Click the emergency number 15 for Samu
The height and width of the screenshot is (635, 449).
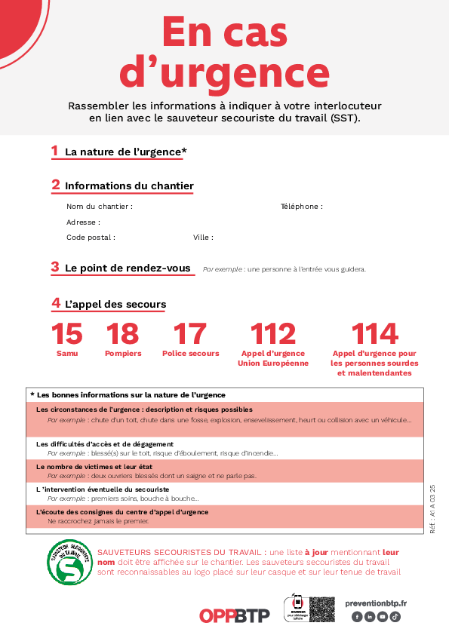[x=67, y=333]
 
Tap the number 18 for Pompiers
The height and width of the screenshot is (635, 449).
[x=122, y=333]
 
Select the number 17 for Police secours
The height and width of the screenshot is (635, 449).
[x=190, y=333]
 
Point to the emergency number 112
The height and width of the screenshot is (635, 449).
[x=272, y=333]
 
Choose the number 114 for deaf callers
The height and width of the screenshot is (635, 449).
[x=375, y=333]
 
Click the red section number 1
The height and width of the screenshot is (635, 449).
[x=54, y=151]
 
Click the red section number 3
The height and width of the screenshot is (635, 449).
[x=55, y=267]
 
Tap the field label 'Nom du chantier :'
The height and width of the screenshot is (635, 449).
[x=100, y=207]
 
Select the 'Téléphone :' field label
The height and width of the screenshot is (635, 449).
[x=302, y=207]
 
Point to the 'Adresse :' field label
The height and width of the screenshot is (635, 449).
[x=83, y=222]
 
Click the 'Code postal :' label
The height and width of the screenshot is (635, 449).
[x=91, y=238]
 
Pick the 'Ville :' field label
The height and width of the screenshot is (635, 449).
[x=203, y=238]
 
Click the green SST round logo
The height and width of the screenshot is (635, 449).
[x=70, y=562]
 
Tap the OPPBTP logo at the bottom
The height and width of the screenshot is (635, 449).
[x=234, y=615]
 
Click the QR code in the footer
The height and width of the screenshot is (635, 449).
[x=322, y=609]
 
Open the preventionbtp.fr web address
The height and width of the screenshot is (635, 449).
[x=375, y=603]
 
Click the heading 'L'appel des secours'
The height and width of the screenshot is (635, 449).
[x=115, y=305]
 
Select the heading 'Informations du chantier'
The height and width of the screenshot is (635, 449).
[x=129, y=186]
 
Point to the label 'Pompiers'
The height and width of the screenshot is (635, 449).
[x=123, y=354]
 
